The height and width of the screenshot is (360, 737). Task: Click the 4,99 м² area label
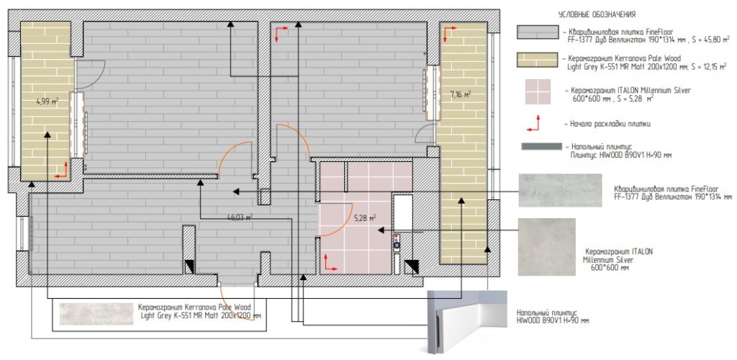point(48,101)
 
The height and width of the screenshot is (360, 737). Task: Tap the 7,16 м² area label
point(460,94)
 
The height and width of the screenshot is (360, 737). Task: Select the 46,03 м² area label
point(240,217)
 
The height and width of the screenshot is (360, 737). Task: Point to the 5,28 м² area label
point(365,217)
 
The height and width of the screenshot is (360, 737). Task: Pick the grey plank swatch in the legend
point(537,32)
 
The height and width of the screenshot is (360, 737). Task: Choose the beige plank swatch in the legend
point(537,60)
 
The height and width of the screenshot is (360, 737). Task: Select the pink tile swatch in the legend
point(538,91)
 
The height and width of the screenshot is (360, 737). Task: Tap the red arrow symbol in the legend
point(533,123)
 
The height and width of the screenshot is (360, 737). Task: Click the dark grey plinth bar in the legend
point(541,147)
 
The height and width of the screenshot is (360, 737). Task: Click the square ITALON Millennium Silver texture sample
point(547,247)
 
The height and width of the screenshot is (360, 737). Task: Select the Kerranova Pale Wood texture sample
point(97,313)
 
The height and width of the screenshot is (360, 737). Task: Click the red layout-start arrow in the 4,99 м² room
point(61,170)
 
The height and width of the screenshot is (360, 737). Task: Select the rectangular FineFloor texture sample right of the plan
point(560,190)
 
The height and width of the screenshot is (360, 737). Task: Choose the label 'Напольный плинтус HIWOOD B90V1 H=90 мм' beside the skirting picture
point(553,316)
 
